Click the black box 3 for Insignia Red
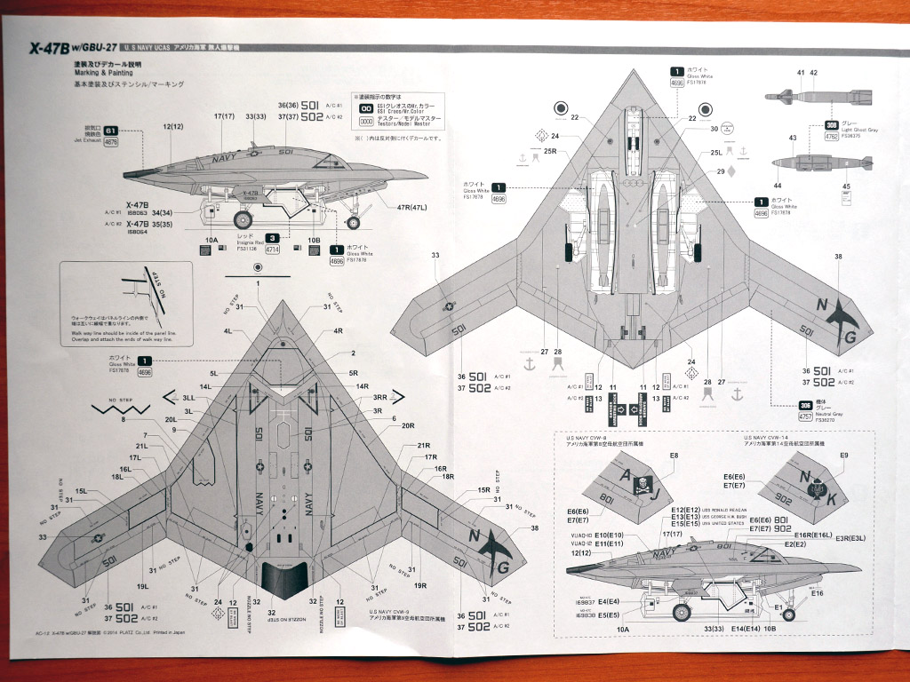point(272,238)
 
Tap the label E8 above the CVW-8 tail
point(673,456)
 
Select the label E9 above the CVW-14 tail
point(843,456)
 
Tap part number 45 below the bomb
point(846,186)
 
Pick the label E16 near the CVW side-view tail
point(817,592)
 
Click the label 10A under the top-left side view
point(211,240)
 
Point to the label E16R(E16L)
point(812,535)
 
